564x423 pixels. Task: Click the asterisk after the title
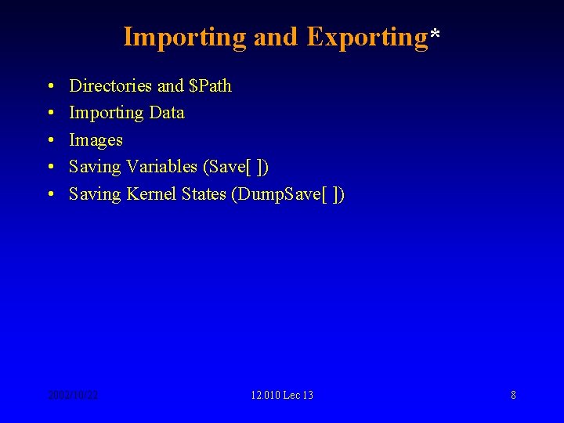(x=435, y=35)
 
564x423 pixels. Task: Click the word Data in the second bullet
(x=167, y=113)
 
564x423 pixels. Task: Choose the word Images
(x=96, y=140)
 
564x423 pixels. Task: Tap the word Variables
(x=161, y=167)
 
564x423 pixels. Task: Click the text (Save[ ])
(x=236, y=167)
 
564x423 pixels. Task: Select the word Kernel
(x=151, y=194)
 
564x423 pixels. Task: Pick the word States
(x=204, y=194)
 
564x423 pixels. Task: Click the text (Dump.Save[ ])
(x=288, y=194)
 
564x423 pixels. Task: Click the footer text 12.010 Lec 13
(x=282, y=395)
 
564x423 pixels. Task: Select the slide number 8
(x=513, y=395)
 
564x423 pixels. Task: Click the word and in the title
(x=276, y=38)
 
